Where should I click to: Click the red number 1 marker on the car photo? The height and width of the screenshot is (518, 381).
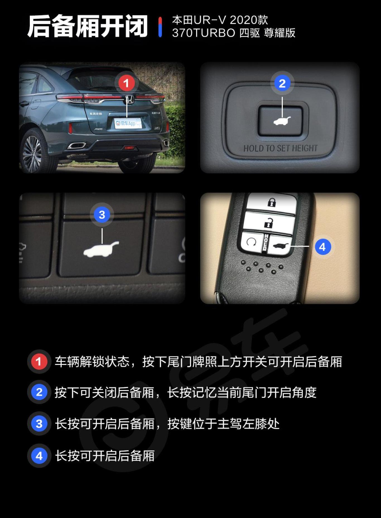(x=126, y=83)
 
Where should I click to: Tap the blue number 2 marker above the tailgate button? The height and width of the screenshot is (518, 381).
(x=282, y=83)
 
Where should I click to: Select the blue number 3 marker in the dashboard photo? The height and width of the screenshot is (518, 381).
(x=102, y=215)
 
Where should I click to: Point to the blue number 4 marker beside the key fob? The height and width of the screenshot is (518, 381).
(x=322, y=247)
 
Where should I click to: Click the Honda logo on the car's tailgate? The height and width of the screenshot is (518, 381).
(x=129, y=99)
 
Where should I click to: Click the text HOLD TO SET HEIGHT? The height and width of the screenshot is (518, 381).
(x=280, y=148)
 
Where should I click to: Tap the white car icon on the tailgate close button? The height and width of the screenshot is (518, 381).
(x=282, y=121)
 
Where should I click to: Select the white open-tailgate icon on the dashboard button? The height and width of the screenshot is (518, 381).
(x=101, y=250)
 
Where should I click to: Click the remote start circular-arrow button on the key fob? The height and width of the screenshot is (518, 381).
(x=251, y=242)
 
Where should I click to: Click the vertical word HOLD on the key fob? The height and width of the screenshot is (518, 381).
(x=266, y=242)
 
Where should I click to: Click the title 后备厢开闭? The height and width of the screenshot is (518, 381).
(x=87, y=26)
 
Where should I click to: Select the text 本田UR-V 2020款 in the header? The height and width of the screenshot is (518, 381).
(x=220, y=20)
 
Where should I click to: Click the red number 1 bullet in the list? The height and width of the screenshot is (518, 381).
(x=39, y=362)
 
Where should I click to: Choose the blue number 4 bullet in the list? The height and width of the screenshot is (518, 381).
(x=39, y=456)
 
